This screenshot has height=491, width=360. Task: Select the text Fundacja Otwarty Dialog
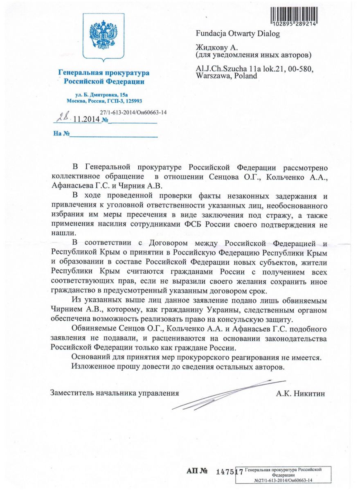coord(238,34)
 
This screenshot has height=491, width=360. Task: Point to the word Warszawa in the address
coord(214,76)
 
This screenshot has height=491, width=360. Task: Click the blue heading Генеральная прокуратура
coord(103,73)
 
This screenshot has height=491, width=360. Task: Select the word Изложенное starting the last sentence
coord(93,367)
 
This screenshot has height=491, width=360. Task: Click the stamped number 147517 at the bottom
coord(229,471)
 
